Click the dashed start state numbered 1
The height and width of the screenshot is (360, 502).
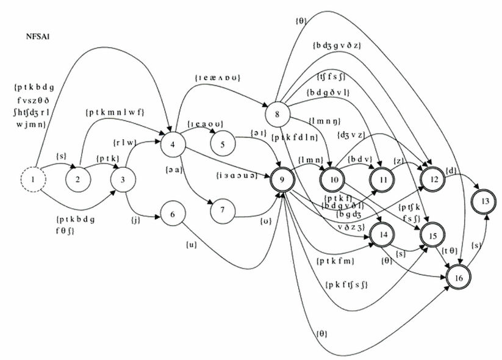[35, 180]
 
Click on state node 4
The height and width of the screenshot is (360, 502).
[173, 145]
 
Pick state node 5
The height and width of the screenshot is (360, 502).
[223, 145]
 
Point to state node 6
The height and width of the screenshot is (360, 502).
[173, 214]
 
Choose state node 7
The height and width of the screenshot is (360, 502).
[223, 211]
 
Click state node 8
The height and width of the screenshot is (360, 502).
[277, 113]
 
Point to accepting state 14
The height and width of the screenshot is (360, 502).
[384, 235]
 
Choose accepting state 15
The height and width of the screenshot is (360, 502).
[434, 235]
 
